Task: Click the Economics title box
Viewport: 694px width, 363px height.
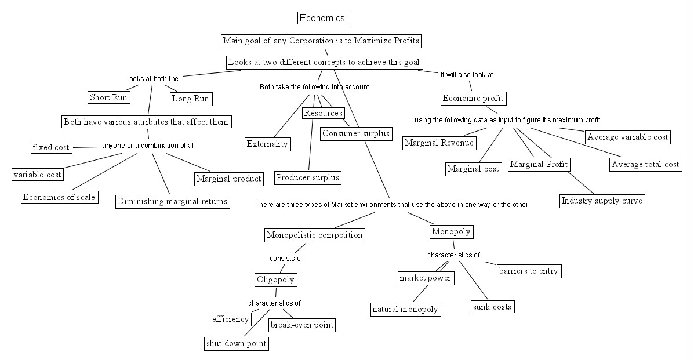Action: [x=323, y=18]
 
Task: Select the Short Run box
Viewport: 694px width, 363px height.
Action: [x=108, y=97]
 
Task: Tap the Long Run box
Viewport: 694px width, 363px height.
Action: [x=190, y=99]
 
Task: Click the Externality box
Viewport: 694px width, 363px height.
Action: [x=267, y=144]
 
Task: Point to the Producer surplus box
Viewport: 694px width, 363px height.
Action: [x=307, y=177]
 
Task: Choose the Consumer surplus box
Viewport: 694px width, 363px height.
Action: [x=356, y=133]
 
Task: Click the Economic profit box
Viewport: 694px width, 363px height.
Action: [x=473, y=98]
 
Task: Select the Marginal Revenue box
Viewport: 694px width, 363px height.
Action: [x=439, y=143]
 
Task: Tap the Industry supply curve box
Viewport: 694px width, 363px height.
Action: [x=602, y=201]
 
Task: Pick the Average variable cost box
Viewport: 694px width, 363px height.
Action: [x=627, y=137]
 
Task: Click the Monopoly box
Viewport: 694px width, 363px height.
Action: [x=451, y=232]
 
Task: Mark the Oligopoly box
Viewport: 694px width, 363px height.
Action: [x=275, y=280]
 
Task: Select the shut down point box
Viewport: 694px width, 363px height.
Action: [x=237, y=343]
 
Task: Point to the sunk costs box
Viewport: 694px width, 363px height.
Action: [x=492, y=307]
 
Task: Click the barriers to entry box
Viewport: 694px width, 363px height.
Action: [x=529, y=271]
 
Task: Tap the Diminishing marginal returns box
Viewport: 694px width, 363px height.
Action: [x=172, y=201]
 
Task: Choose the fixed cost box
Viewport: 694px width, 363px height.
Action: [x=51, y=147]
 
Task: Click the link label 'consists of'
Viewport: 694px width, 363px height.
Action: [x=286, y=259]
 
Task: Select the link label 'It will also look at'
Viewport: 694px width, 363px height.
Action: [x=467, y=75]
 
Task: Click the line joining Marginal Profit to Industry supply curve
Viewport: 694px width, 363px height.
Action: [x=577, y=183]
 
